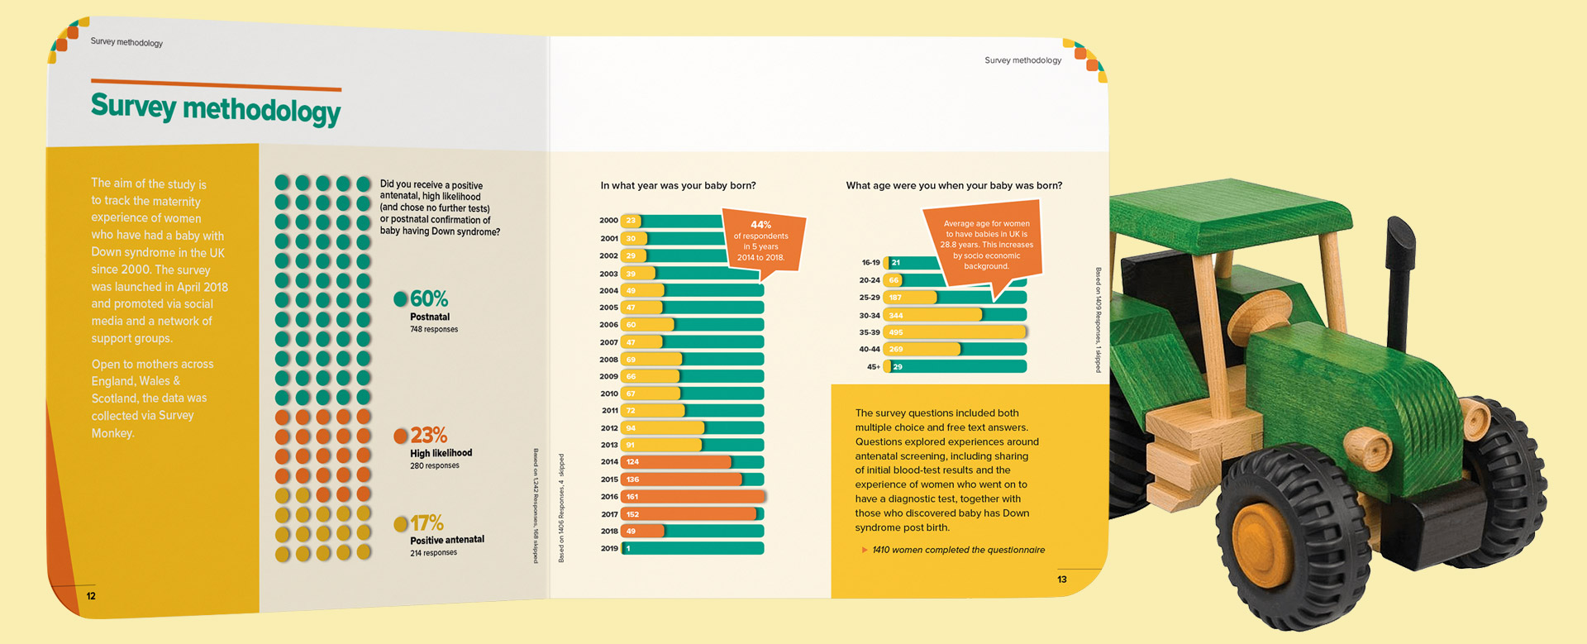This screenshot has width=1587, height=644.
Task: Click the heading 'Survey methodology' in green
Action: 215,109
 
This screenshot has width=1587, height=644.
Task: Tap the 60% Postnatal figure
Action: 428,298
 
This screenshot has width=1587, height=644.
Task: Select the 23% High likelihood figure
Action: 428,435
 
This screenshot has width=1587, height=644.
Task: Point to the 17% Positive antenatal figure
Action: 427,522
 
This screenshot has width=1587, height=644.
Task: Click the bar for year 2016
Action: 693,497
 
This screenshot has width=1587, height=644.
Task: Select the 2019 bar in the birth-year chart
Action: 693,548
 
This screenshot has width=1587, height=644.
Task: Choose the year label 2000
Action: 608,221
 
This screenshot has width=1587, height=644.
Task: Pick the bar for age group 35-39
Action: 955,332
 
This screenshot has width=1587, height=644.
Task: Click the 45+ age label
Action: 873,367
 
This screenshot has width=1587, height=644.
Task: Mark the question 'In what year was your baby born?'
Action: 678,186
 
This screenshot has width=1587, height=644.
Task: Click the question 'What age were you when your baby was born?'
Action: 954,186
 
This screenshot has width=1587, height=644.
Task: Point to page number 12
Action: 91,596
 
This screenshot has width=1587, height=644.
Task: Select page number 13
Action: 1062,580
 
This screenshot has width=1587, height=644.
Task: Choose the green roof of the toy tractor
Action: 1232,217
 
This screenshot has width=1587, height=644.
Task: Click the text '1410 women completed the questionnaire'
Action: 958,550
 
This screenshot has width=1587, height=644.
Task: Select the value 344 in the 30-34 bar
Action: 896,316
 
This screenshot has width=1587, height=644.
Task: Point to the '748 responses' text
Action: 434,329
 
